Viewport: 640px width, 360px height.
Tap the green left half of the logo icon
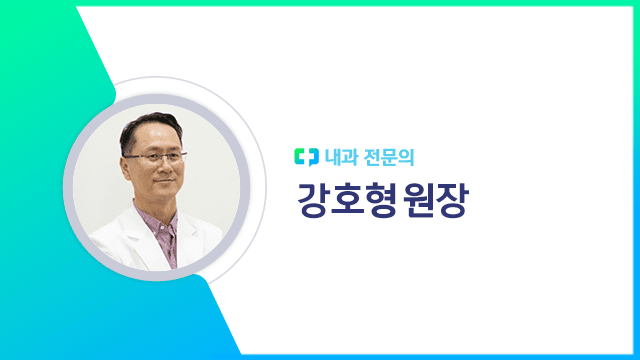301,156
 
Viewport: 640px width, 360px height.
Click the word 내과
338,156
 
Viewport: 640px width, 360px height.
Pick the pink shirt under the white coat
166,240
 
